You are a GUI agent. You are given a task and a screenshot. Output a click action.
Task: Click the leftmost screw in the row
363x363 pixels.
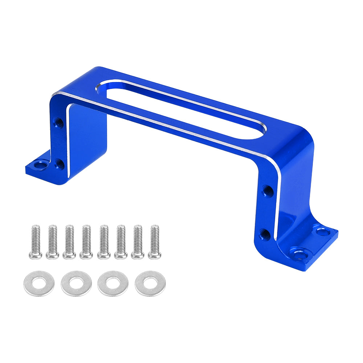(36, 241)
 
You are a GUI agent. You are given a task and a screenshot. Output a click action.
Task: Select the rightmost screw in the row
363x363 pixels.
(155, 241)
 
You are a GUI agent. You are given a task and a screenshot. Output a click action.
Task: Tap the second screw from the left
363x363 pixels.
(52, 241)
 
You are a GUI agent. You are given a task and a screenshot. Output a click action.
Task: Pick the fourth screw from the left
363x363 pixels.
(86, 241)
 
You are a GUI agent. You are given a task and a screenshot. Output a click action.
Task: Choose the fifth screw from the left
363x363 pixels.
(104, 241)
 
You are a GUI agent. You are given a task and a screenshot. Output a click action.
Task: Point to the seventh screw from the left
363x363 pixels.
(138, 241)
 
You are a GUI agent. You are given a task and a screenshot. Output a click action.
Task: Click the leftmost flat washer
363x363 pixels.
(39, 284)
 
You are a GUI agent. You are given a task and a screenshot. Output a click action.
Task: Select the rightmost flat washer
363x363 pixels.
(150, 283)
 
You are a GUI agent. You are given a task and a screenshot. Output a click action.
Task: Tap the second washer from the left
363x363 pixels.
(76, 284)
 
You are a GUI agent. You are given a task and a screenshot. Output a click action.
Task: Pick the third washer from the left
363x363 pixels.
(113, 283)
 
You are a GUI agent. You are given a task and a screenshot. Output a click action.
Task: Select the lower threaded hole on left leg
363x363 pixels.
(59, 165)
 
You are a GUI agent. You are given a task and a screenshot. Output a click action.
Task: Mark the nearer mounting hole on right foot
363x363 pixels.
(300, 254)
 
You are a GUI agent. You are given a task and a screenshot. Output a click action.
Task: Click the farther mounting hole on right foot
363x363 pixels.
(321, 230)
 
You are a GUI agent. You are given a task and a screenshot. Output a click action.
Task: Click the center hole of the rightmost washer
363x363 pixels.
(150, 283)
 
